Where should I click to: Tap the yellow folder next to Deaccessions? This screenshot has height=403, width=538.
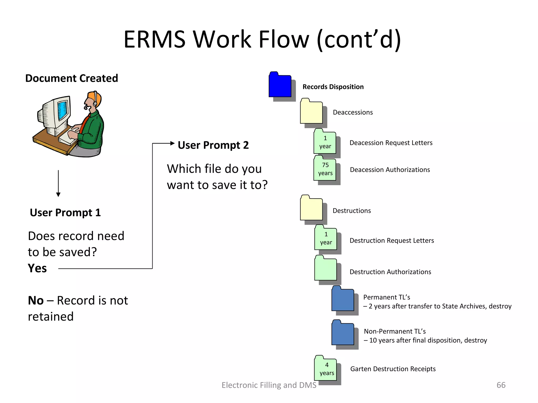[311, 112]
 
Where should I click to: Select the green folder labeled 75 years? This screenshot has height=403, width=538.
[325, 169]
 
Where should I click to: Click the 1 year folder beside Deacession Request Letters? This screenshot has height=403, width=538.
[325, 142]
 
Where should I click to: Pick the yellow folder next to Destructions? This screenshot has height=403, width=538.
[311, 208]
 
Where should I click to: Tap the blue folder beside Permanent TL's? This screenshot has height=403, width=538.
[343, 299]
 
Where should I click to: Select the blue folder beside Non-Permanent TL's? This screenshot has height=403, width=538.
[343, 333]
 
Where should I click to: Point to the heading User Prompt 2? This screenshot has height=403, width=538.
[213, 145]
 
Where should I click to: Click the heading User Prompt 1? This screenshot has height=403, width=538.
[65, 213]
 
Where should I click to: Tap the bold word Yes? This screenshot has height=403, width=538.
[37, 268]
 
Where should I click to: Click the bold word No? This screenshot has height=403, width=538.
[36, 300]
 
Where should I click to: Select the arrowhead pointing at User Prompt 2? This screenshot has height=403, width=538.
[172, 143]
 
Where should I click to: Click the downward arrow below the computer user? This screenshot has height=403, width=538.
[58, 194]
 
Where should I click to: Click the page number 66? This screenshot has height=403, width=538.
[501, 385]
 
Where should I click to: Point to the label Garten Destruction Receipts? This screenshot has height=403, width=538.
[393, 369]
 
